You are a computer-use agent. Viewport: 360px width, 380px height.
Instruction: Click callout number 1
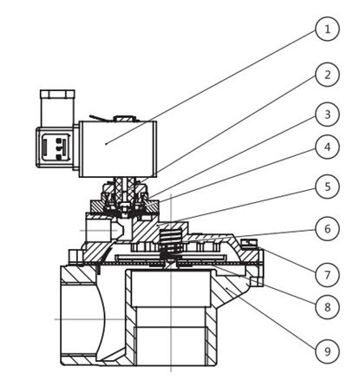click(x=326, y=30)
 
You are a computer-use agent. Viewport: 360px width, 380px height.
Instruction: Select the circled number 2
click(x=326, y=75)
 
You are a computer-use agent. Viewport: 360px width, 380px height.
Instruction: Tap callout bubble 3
click(x=326, y=114)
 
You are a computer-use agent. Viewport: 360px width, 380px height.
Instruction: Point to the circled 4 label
click(x=326, y=147)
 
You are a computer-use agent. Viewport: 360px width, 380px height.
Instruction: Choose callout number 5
click(x=326, y=186)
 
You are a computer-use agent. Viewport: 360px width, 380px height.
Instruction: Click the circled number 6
click(x=326, y=230)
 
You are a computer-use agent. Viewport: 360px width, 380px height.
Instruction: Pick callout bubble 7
click(x=326, y=275)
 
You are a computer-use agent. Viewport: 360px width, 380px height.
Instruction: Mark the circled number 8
click(x=326, y=306)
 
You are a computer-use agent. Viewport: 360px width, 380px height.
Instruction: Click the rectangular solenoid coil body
click(x=118, y=147)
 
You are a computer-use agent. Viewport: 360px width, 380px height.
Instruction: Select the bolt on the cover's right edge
click(x=249, y=242)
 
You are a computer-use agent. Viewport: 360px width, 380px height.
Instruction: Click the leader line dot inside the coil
click(x=105, y=142)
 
